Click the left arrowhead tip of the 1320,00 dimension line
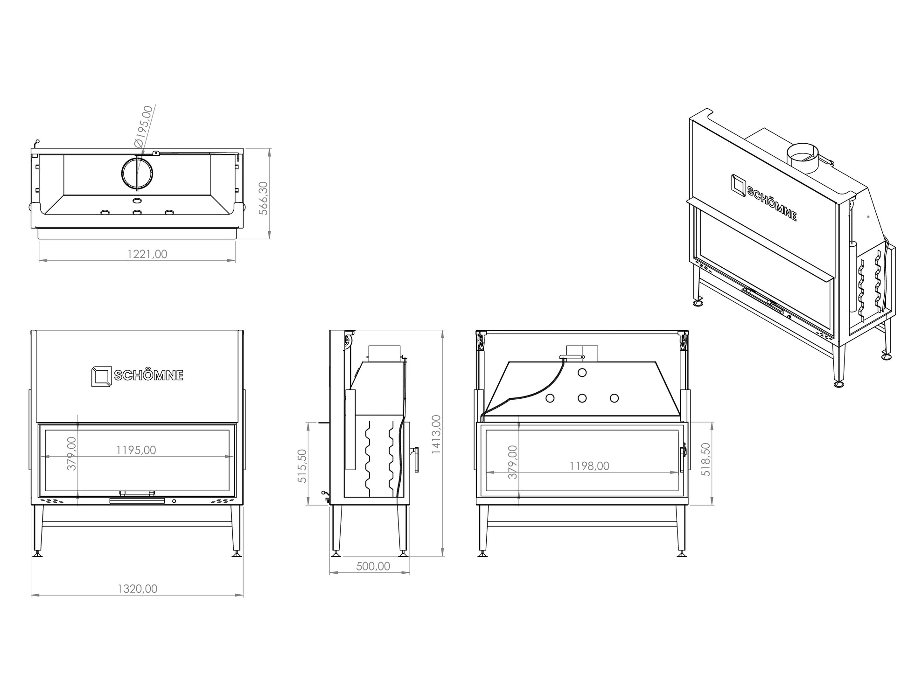(31, 595)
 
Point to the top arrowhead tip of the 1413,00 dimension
(442, 330)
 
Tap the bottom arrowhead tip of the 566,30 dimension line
(270, 239)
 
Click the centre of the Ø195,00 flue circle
(137, 173)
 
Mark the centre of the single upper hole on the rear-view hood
(582, 373)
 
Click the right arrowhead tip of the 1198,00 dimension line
(678, 473)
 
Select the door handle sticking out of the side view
(415, 459)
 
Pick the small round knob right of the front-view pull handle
(174, 501)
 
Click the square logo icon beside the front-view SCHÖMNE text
(101, 376)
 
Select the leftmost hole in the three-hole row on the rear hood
(550, 398)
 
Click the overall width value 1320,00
(137, 589)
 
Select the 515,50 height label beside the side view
(302, 466)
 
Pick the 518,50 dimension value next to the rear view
(705, 459)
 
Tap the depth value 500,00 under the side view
(373, 566)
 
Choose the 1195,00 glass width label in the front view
(136, 450)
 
